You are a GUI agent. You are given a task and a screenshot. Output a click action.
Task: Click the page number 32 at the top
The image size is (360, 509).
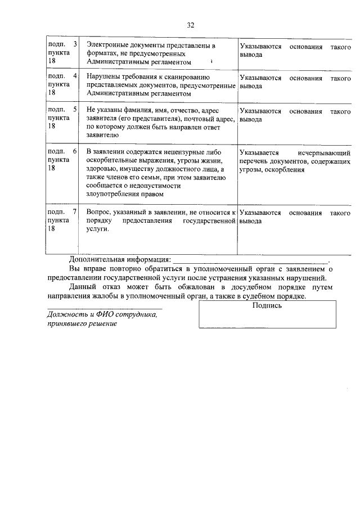point(190,25)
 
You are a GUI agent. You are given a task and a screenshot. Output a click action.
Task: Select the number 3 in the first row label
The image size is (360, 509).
point(75,44)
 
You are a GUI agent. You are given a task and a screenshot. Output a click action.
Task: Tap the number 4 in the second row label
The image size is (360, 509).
point(75,75)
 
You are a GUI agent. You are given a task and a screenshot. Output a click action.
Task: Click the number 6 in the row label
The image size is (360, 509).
point(75,152)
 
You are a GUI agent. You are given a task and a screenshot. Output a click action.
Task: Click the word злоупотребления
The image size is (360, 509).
point(112,194)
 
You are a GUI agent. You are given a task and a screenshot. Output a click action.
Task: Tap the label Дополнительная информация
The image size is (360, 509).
point(119,259)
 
